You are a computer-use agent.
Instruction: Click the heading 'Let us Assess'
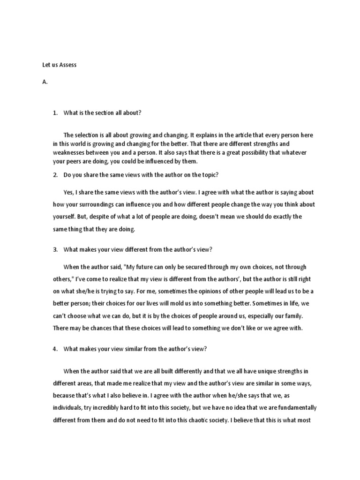pyautogui.click(x=60, y=65)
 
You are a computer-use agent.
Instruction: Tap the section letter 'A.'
pyautogui.click(x=45, y=82)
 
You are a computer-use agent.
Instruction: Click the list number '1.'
pyautogui.click(x=55, y=112)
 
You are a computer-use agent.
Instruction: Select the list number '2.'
pyautogui.click(x=55, y=174)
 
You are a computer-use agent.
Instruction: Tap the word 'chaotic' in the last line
pyautogui.click(x=195, y=420)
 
